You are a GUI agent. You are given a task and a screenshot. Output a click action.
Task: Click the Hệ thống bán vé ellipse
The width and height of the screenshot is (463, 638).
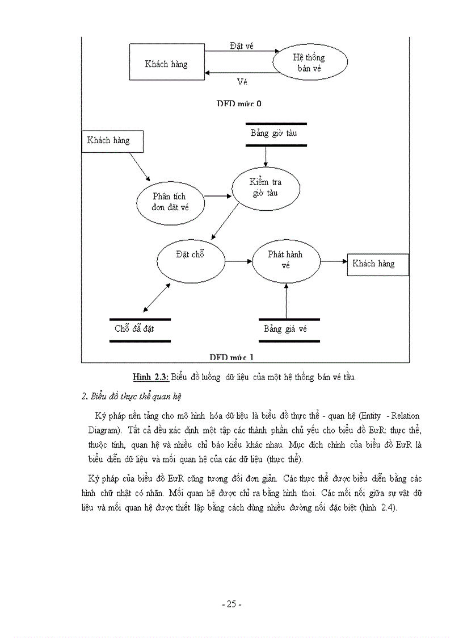(310, 62)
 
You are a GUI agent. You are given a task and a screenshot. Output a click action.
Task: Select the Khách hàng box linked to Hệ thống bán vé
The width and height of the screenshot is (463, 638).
(166, 64)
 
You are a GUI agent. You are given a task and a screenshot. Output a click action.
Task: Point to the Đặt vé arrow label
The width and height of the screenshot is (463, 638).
(241, 45)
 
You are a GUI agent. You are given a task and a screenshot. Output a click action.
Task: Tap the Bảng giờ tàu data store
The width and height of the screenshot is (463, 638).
(276, 134)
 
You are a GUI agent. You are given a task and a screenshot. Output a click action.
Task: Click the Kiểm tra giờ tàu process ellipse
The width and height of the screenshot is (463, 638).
(266, 188)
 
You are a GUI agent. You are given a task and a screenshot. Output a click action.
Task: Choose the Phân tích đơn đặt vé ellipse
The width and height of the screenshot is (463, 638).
(170, 202)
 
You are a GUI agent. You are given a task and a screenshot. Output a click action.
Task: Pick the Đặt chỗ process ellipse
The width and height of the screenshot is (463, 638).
(190, 261)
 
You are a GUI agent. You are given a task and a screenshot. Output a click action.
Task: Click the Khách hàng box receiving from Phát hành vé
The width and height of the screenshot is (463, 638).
(373, 264)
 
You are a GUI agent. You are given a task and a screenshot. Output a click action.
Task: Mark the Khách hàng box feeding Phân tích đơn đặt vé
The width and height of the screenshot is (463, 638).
(112, 140)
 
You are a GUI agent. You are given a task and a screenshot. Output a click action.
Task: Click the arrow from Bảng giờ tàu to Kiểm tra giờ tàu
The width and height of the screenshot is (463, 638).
(266, 157)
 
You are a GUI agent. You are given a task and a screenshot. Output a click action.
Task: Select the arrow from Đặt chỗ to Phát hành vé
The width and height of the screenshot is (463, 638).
(238, 261)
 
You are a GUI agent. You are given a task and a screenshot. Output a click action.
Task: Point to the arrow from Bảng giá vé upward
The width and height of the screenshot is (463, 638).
(286, 301)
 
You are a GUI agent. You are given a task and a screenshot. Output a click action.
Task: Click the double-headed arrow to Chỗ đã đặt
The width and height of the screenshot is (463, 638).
(157, 297)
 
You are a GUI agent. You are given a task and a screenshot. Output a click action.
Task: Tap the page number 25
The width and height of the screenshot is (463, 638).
(231, 604)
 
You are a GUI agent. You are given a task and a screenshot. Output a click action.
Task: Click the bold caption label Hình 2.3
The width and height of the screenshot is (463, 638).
(150, 377)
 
